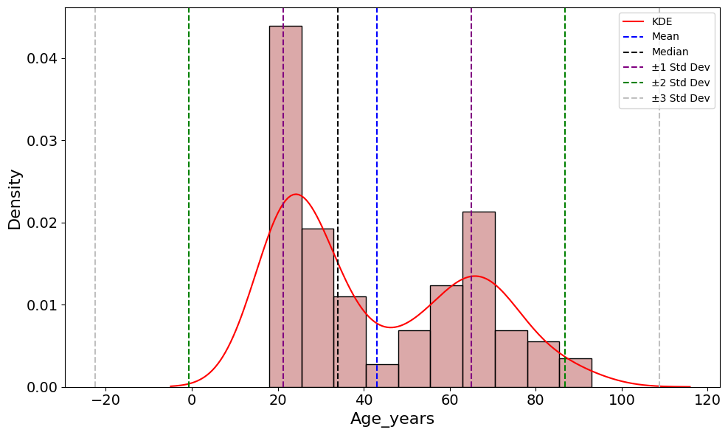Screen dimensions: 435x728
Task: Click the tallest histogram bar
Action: (x=285, y=206)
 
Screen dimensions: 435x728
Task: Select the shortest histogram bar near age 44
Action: (x=382, y=376)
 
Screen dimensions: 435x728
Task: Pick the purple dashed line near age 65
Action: (x=471, y=147)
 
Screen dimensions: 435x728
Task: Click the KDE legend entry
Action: (x=662, y=21)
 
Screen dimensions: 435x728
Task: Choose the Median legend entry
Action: (x=670, y=52)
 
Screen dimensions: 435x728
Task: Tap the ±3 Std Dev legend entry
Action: (x=680, y=98)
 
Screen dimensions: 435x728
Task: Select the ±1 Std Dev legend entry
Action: (x=680, y=67)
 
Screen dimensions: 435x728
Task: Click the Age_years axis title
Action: (x=392, y=419)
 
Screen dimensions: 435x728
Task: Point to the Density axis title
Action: (x=15, y=199)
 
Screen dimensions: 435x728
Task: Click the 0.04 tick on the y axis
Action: (x=42, y=58)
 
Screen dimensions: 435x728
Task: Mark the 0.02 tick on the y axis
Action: (x=42, y=223)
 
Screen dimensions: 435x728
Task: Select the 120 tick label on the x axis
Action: (x=707, y=400)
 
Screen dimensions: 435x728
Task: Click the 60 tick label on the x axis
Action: (x=449, y=400)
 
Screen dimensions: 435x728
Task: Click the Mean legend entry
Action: (x=665, y=36)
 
